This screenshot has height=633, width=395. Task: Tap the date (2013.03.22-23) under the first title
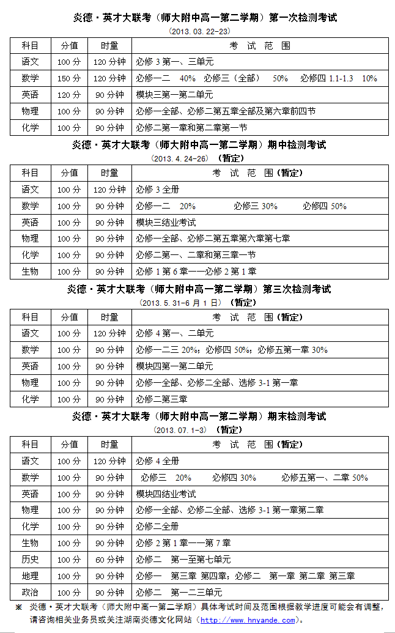tap(199, 31)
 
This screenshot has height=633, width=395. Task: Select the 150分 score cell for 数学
tap(69, 78)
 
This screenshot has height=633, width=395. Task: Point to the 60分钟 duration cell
tap(109, 560)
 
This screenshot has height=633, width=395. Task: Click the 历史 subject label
tap(30, 560)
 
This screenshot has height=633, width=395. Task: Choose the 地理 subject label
tap(30, 576)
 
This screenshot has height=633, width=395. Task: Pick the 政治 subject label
tap(30, 593)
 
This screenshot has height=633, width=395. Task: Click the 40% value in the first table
tap(188, 78)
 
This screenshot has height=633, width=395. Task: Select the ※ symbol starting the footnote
tap(18, 607)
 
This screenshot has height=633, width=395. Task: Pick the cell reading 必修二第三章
tap(161, 399)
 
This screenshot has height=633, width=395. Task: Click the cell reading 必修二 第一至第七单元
tap(183, 560)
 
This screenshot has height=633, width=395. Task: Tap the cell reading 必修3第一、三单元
tap(174, 62)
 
